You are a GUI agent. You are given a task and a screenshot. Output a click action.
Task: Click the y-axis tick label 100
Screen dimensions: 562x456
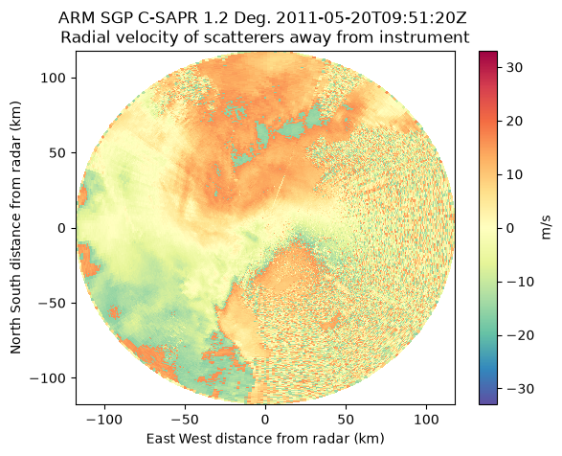point(55,78)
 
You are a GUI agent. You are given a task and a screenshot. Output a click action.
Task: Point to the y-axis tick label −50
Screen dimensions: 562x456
point(53,304)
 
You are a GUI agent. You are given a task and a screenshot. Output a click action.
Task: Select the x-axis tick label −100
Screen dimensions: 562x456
point(104,420)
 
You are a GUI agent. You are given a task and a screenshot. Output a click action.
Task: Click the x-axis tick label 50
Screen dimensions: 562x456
point(346,420)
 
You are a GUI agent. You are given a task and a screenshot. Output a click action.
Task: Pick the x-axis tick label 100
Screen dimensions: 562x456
point(426,420)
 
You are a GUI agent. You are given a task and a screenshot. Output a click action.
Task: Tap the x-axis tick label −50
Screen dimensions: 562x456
point(185,420)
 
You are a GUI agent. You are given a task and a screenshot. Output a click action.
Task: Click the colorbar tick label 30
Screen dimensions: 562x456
point(514,67)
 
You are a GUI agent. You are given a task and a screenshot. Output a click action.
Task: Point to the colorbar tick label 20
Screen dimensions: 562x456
point(514,121)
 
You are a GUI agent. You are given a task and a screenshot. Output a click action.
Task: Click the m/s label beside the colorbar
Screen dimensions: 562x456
point(545,228)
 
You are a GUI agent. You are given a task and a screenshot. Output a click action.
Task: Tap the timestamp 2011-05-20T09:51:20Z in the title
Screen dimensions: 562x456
point(371,18)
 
